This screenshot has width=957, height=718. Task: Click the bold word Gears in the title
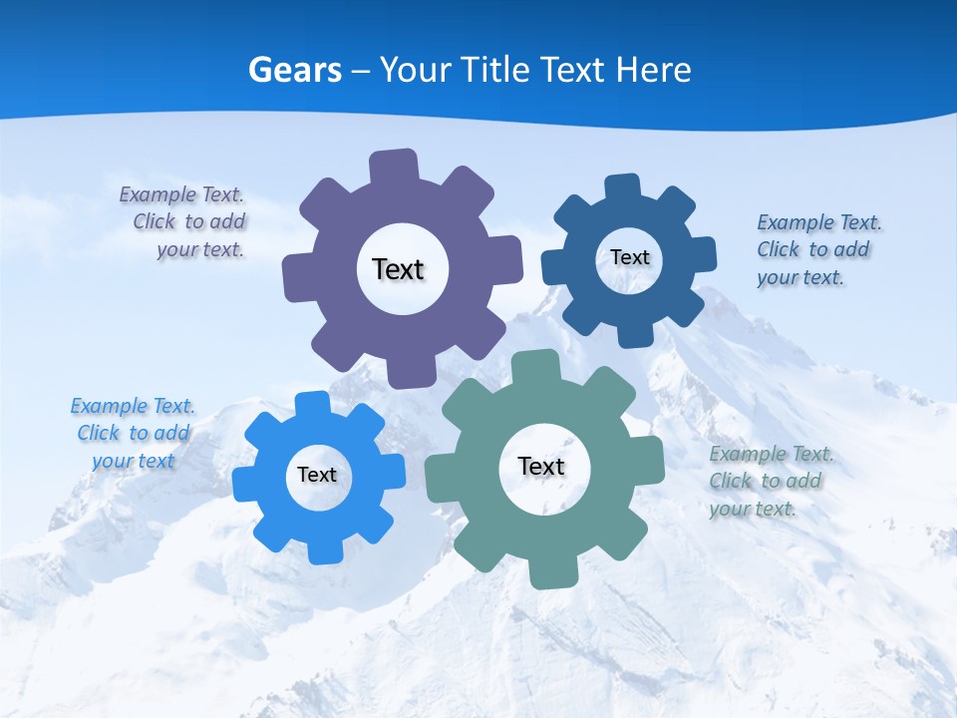(295, 70)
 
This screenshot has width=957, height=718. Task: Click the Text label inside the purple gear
(398, 269)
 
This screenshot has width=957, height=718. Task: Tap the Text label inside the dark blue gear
(629, 257)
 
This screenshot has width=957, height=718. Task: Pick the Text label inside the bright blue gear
(317, 476)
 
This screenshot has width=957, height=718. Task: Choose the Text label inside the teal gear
(541, 467)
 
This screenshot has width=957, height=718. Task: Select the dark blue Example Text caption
(817, 250)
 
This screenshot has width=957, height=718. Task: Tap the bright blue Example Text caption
(133, 434)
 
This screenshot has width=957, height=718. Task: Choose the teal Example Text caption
(770, 482)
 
